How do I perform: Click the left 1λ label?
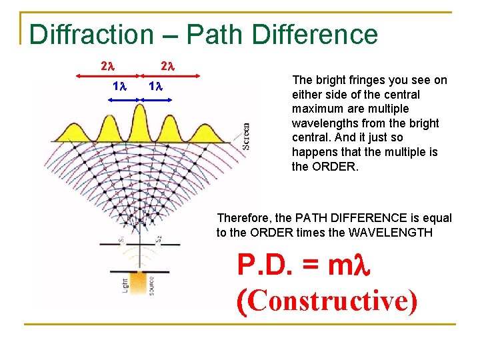coord(120,87)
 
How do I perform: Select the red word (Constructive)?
coord(327,301)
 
